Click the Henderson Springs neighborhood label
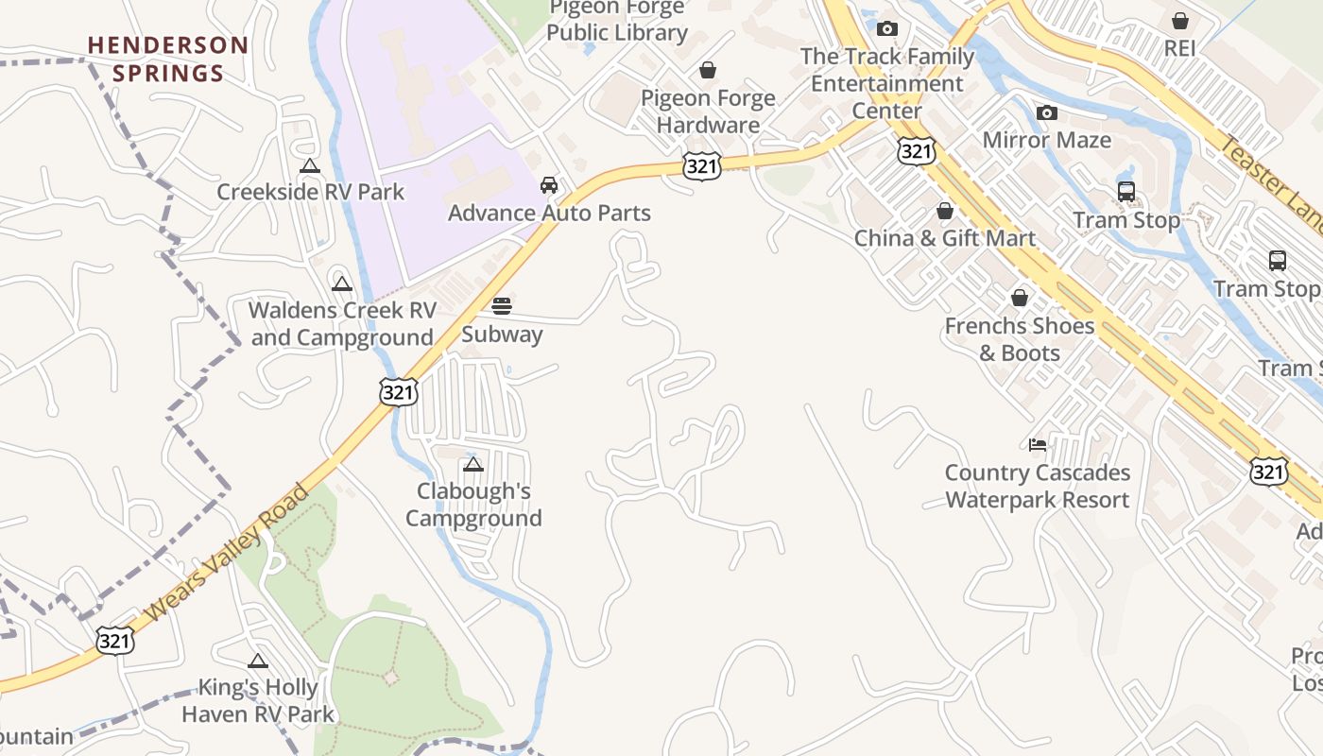click(x=168, y=59)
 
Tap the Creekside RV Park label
click(x=310, y=192)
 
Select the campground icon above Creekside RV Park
click(x=309, y=167)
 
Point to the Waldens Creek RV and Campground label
click(x=342, y=323)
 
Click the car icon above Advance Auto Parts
click(x=549, y=185)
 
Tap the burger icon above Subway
click(x=502, y=306)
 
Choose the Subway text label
click(x=502, y=335)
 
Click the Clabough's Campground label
click(x=473, y=505)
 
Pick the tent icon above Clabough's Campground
click(x=473, y=464)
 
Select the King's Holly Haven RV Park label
click(x=258, y=700)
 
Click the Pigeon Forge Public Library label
click(x=617, y=21)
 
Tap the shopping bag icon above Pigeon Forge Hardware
click(x=708, y=70)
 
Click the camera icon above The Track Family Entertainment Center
click(x=886, y=29)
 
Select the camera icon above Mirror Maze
click(x=1046, y=113)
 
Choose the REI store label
click(x=1179, y=47)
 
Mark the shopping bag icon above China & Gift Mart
click(x=944, y=211)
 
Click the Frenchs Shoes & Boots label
click(x=1020, y=339)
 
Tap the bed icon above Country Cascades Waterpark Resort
click(x=1038, y=445)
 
